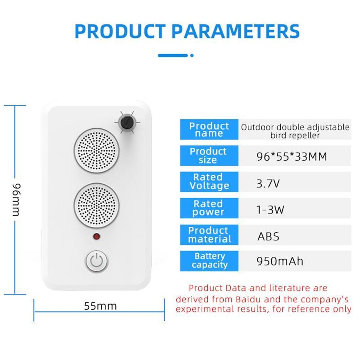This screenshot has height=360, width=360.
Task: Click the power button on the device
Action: click(97, 261)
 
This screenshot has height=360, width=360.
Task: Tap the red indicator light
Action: click(96, 237)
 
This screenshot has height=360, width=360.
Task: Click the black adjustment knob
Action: click(126, 123)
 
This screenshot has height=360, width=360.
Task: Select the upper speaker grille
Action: click(96, 149)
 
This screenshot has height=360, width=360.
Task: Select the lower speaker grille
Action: click(96, 204)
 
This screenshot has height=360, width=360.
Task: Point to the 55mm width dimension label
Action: click(100, 306)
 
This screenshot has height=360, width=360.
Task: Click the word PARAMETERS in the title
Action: click(235, 31)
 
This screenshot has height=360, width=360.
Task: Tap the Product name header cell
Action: click(209, 130)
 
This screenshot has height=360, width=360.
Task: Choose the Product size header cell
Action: click(208, 156)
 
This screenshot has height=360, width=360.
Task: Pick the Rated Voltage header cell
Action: click(209, 181)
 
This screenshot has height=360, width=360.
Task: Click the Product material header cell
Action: click(209, 235)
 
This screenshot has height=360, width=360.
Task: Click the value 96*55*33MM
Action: click(291, 157)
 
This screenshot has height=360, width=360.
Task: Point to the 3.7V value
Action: click(268, 184)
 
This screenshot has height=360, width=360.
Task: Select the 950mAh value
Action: click(280, 261)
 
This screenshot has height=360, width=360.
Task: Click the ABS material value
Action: click(268, 237)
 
